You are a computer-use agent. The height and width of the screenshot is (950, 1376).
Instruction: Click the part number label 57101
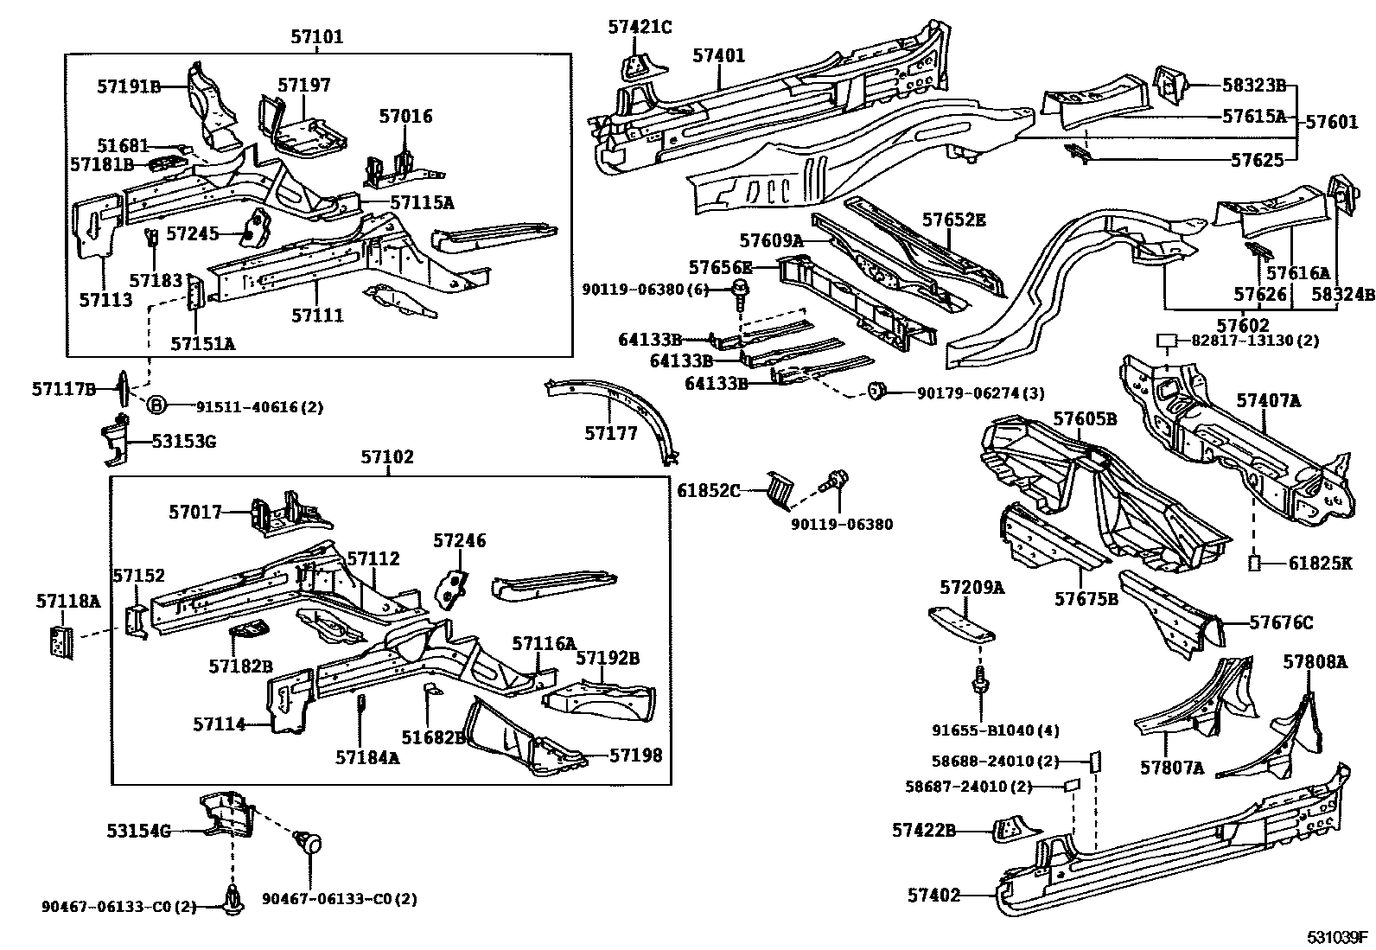pos(317,37)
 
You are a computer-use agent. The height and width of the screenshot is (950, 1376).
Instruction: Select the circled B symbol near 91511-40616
pos(156,405)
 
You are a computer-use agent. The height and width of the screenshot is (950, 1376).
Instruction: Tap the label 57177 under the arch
pos(610,434)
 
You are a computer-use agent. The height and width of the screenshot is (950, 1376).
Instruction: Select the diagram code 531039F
pos(1337,937)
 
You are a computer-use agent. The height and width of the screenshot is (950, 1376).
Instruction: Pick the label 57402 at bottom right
pos(933,896)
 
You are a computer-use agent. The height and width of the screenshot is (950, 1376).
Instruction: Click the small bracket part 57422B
pos(1010,830)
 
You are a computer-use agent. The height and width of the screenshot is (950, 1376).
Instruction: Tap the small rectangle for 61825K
pos(1254,564)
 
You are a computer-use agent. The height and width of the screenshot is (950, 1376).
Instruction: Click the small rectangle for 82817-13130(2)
pos(1168,340)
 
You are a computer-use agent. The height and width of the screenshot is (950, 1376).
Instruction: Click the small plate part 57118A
pos(59,641)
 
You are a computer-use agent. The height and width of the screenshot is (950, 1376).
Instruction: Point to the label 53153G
pos(184,442)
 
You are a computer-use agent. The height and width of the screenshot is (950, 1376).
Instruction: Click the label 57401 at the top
pos(718,56)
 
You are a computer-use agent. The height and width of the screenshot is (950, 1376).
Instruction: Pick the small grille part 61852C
pos(779,490)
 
